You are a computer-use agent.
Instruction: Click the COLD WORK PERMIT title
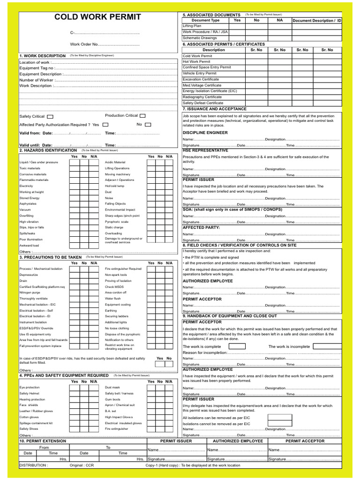point(97,17)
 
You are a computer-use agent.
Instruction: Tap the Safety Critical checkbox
point(50,116)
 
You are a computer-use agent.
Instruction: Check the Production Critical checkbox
point(142,115)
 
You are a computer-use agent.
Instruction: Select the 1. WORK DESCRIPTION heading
point(43,56)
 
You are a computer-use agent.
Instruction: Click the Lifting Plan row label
point(191,26)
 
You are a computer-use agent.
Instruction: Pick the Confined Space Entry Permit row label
point(207,67)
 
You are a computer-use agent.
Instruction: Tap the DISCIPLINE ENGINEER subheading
point(205,133)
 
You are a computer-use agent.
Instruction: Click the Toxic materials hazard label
point(30,168)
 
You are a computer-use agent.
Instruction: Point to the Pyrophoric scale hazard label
point(116,221)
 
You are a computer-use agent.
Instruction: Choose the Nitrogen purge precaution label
point(30,292)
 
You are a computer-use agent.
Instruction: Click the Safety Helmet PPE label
point(29,393)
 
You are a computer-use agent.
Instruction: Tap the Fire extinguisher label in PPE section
point(117,428)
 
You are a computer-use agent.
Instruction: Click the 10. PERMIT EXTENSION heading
point(43,441)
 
